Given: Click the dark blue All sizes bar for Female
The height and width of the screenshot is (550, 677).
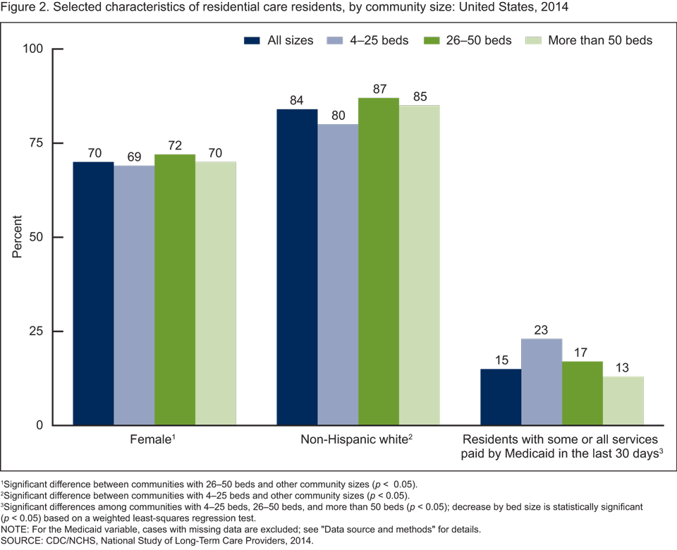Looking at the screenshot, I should (x=93, y=293).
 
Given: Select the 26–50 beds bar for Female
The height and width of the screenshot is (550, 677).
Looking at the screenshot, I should (x=175, y=289).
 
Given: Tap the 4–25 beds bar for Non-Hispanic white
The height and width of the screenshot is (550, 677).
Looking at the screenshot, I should (x=338, y=274).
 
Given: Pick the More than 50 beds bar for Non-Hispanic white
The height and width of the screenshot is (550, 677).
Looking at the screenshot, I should (x=420, y=265).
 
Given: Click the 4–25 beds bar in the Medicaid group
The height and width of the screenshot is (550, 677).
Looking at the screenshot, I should (x=542, y=381).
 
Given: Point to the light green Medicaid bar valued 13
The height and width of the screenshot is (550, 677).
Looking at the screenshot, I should (x=623, y=401).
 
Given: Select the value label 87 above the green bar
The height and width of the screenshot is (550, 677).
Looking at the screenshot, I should (x=379, y=90).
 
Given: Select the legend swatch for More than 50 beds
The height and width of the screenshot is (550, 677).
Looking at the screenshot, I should (x=536, y=40).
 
